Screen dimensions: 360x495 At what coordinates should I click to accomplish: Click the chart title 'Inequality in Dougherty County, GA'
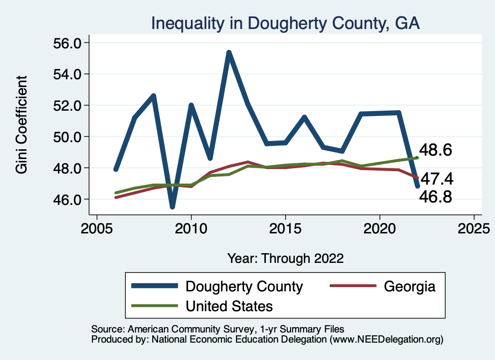285,23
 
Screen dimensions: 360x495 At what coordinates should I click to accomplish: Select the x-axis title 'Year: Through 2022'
285,258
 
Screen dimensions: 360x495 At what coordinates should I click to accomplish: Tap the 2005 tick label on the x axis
97,228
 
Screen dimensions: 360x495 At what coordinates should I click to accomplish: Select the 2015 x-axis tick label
285,228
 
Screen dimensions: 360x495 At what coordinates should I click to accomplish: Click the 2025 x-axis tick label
474,228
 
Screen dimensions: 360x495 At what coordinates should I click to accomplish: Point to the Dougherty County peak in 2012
229,52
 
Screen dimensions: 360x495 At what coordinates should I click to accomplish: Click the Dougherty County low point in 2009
172,207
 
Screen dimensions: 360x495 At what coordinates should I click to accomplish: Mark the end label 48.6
435,150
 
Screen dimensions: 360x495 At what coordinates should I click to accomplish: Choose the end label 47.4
436,179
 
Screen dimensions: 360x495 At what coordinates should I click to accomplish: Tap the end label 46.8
435,197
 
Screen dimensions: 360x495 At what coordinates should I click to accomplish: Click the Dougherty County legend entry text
244,287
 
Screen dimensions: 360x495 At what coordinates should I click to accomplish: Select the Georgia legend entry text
409,287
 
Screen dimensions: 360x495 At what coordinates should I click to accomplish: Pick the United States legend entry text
229,306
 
